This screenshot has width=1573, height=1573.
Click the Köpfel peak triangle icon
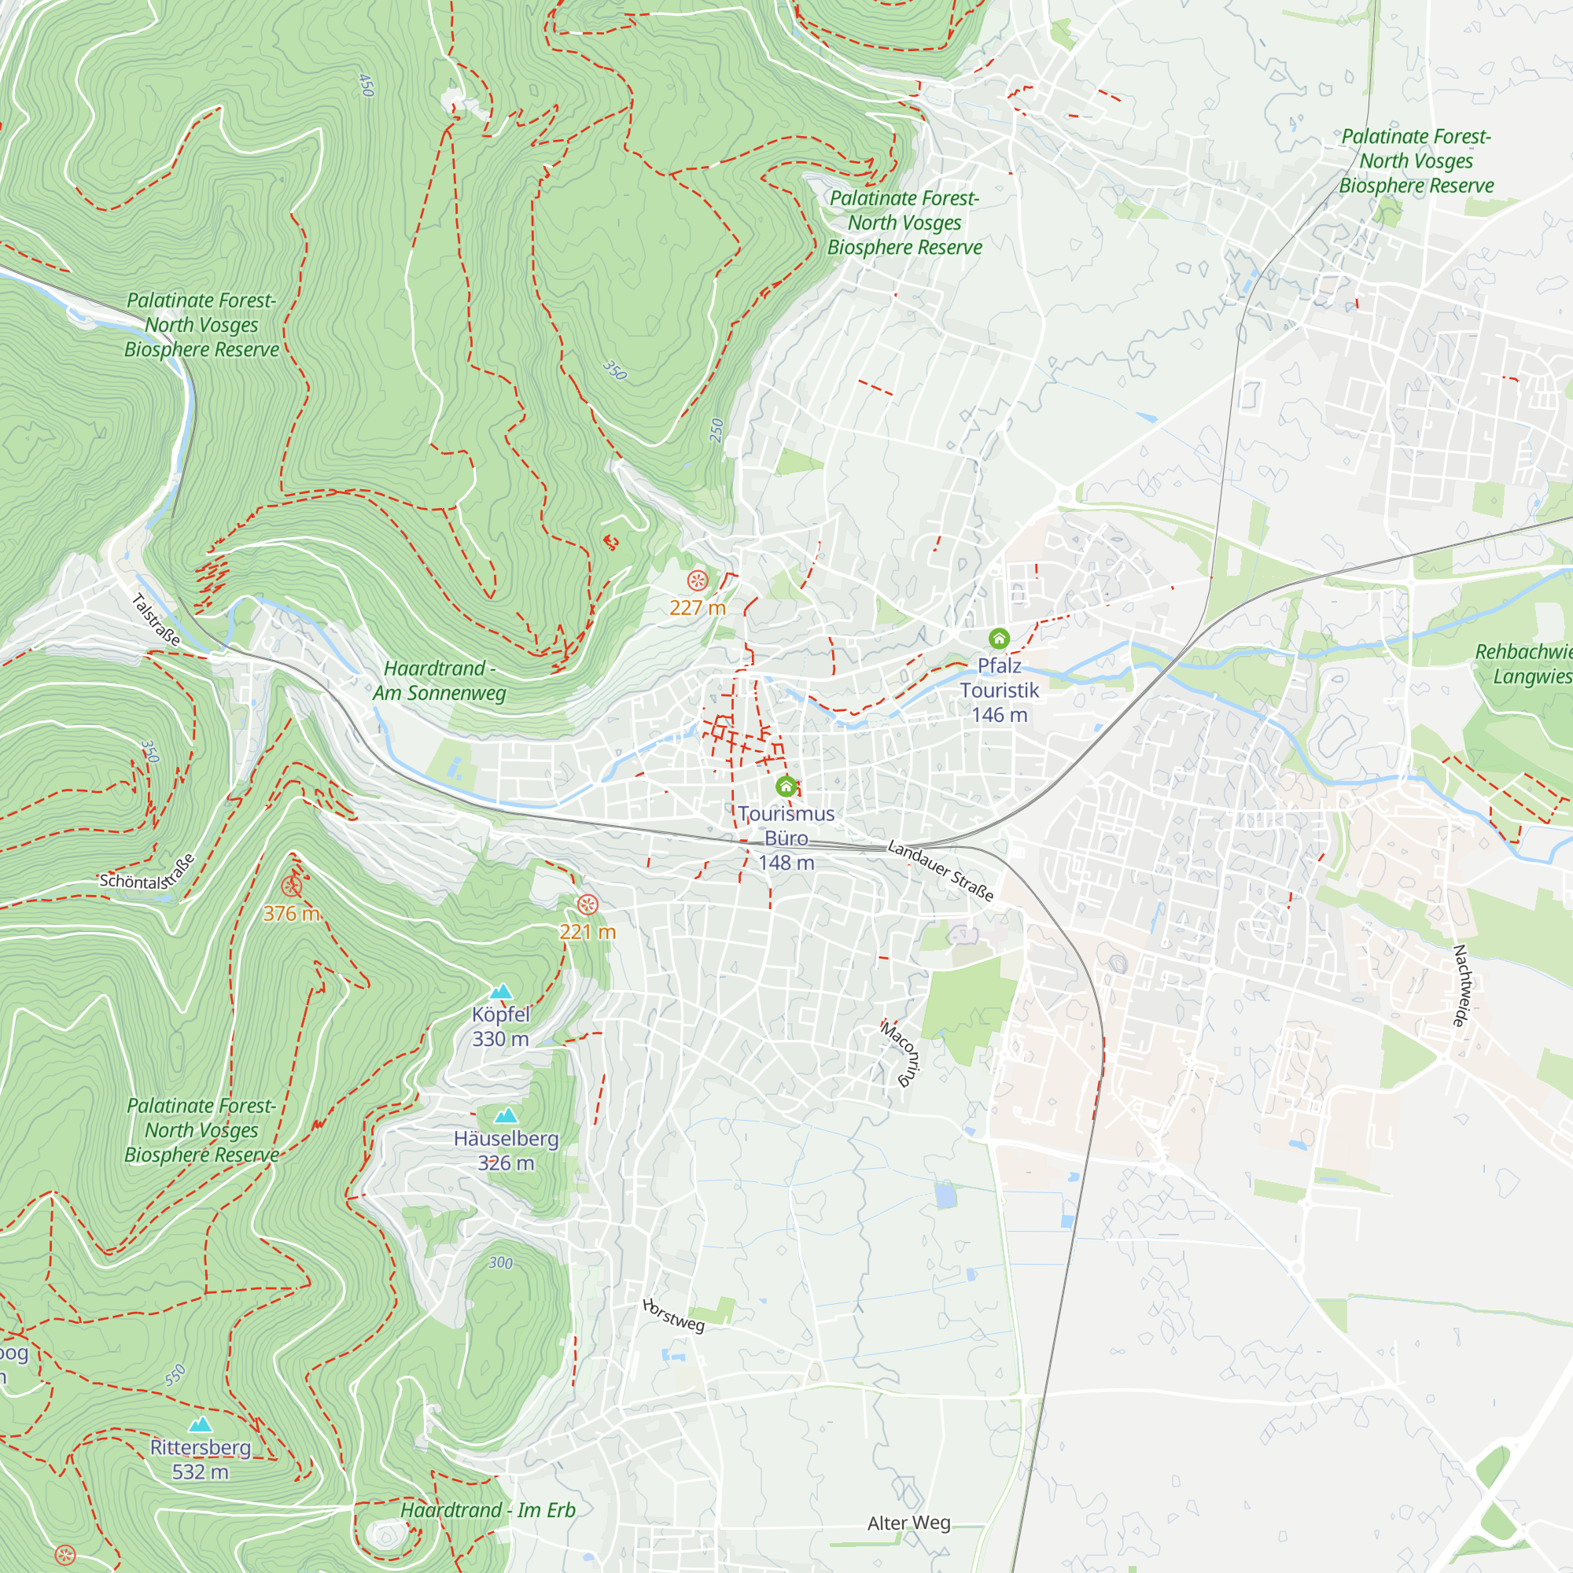click(x=501, y=991)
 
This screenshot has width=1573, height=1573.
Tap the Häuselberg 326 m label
click(x=506, y=1151)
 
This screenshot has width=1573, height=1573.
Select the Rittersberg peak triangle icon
click(x=201, y=1424)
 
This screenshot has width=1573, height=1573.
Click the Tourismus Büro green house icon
click(x=786, y=786)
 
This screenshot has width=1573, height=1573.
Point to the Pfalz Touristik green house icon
click(x=999, y=639)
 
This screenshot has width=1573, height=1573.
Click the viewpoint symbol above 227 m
click(x=698, y=580)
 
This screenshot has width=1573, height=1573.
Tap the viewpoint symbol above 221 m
click(x=587, y=904)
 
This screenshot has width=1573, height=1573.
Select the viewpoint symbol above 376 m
click(x=292, y=886)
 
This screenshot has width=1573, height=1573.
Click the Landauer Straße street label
click(x=941, y=871)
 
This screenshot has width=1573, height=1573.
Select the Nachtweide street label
click(x=1463, y=985)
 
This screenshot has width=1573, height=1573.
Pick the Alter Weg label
click(x=908, y=1523)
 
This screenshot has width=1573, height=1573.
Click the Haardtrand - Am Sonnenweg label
click(x=440, y=680)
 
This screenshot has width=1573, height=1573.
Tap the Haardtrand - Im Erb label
click(x=488, y=1510)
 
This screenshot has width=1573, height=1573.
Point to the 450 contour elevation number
click(x=367, y=86)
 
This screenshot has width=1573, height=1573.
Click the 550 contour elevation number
click(x=175, y=1375)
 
